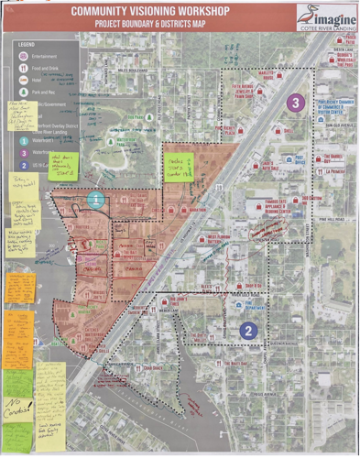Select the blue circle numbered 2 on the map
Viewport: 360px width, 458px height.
pyautogui.click(x=247, y=331)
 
